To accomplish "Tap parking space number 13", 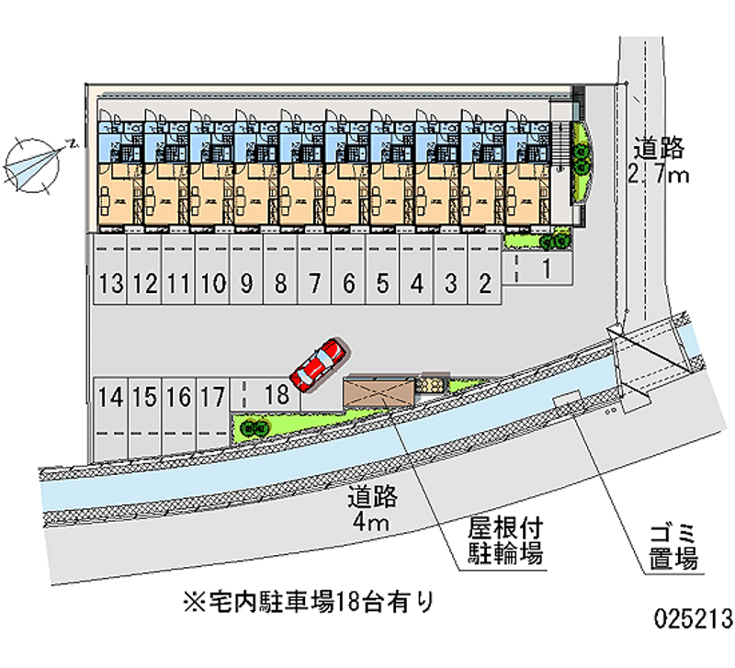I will [111, 284].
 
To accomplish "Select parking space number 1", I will [545, 269].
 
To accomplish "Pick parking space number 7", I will [314, 284].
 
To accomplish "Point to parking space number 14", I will [110, 397].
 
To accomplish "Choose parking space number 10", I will [212, 284].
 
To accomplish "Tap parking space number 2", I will [484, 284].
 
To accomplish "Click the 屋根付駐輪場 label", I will [502, 542].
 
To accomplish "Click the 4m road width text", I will [372, 510].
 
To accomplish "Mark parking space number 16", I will [179, 397].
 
